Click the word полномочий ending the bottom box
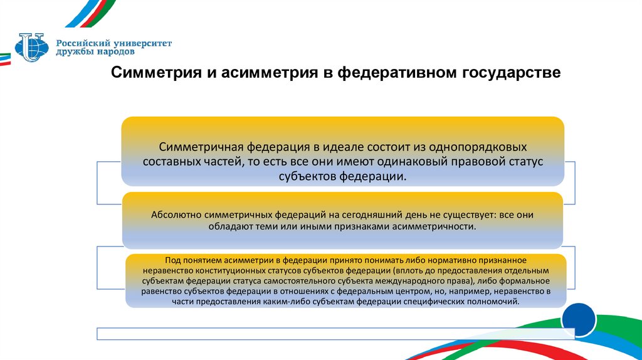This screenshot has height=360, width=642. click(494, 302)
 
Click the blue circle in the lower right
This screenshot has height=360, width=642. click(578, 320)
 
